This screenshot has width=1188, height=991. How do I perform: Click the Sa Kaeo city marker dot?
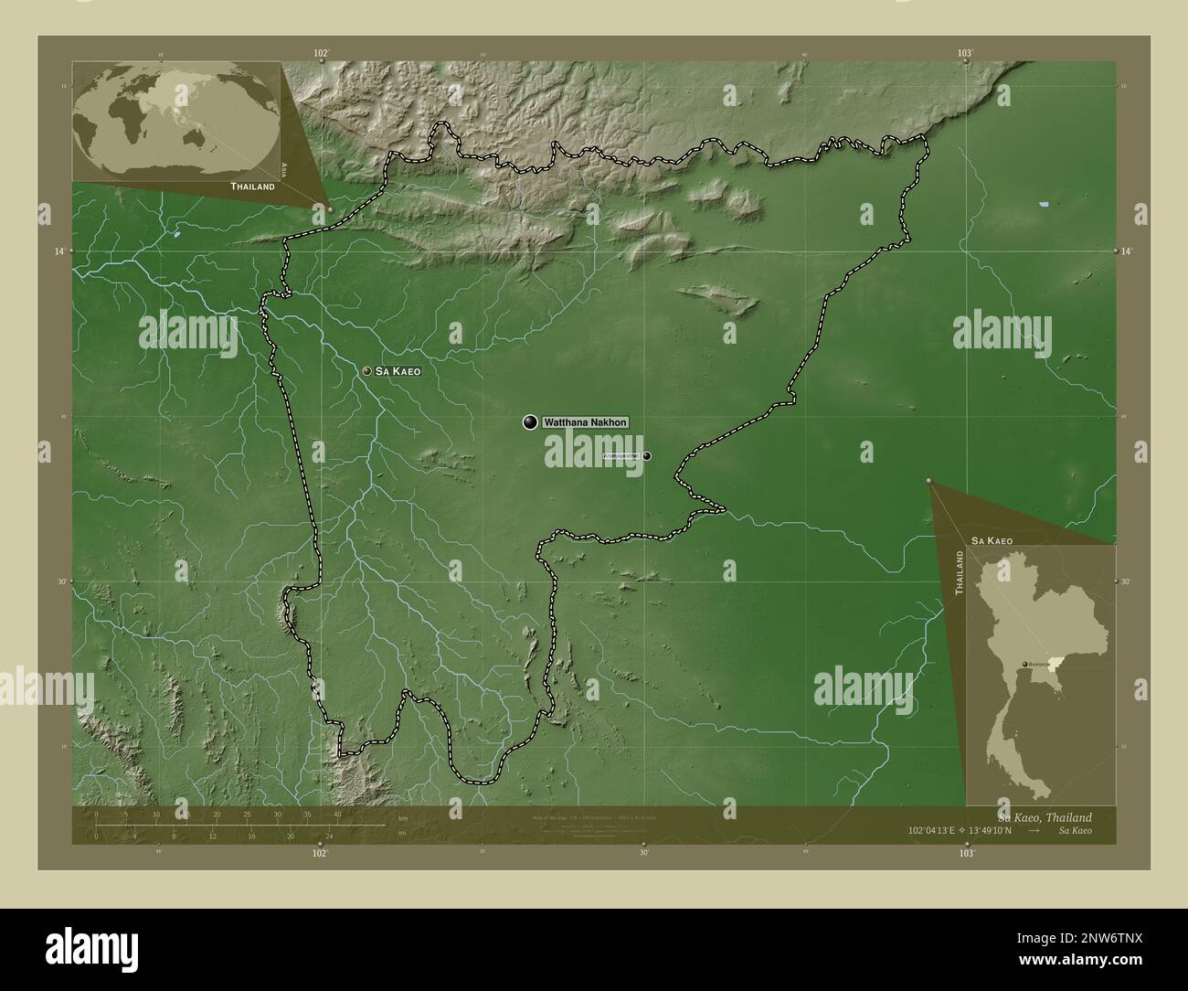366,371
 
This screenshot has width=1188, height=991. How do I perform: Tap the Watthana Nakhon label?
585,422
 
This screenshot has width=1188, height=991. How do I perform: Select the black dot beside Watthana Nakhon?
529,421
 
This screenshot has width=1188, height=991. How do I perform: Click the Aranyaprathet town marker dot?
647,455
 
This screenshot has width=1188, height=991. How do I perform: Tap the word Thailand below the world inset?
252,186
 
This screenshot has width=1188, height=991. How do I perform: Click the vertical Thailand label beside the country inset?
959,573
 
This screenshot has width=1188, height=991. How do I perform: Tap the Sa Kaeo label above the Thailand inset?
992,541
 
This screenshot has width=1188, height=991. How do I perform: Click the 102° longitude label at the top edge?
320,54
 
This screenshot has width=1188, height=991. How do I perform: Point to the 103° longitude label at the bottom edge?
966,852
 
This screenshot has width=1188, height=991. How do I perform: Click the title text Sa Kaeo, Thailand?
1045,816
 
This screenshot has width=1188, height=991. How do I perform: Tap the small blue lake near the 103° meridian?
1045,207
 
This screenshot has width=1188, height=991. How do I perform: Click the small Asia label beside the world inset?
284,168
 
